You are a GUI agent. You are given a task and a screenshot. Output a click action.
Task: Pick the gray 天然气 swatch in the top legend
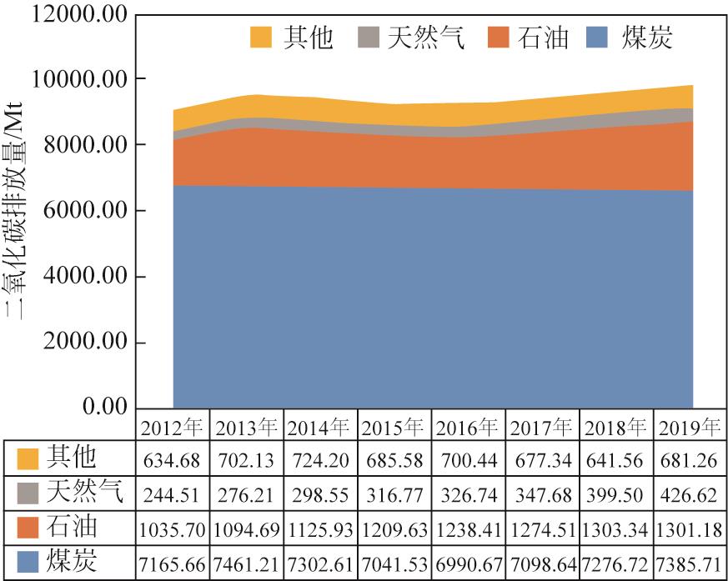click(x=369, y=38)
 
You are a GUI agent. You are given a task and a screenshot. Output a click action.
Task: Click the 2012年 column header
click(x=173, y=428)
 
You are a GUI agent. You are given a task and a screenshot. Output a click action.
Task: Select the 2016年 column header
click(x=468, y=428)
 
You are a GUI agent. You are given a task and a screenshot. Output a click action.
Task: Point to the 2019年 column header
click(x=688, y=428)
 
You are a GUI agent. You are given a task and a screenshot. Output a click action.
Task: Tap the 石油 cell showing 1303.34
click(x=615, y=528)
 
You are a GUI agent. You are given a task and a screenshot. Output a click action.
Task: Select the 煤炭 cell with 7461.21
click(x=247, y=563)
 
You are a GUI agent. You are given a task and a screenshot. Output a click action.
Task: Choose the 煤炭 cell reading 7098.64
click(x=541, y=563)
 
